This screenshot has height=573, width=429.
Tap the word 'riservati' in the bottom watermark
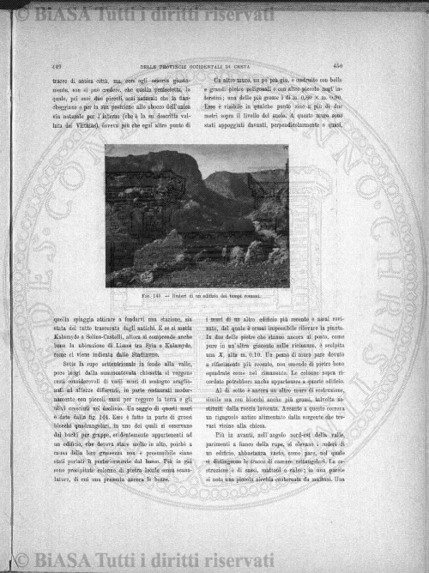pos(247,561)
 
